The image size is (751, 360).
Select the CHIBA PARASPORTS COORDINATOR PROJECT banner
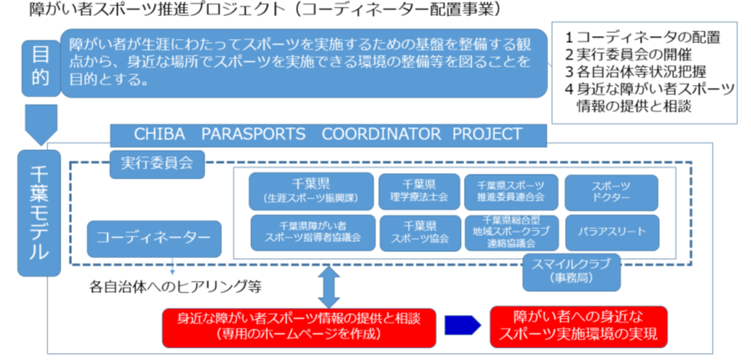(328, 135)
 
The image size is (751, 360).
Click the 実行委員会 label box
(158, 163)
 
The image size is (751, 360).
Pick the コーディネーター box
(154, 238)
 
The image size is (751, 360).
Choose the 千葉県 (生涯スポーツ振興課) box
(312, 191)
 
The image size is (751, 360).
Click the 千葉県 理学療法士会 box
(419, 191)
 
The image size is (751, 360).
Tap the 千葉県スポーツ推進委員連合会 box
(510, 191)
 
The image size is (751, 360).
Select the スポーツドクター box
(611, 191)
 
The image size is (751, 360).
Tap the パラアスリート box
(611, 231)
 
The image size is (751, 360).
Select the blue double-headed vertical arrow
(328, 286)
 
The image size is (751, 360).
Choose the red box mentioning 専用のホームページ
(299, 326)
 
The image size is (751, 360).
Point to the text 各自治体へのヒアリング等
(175, 288)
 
